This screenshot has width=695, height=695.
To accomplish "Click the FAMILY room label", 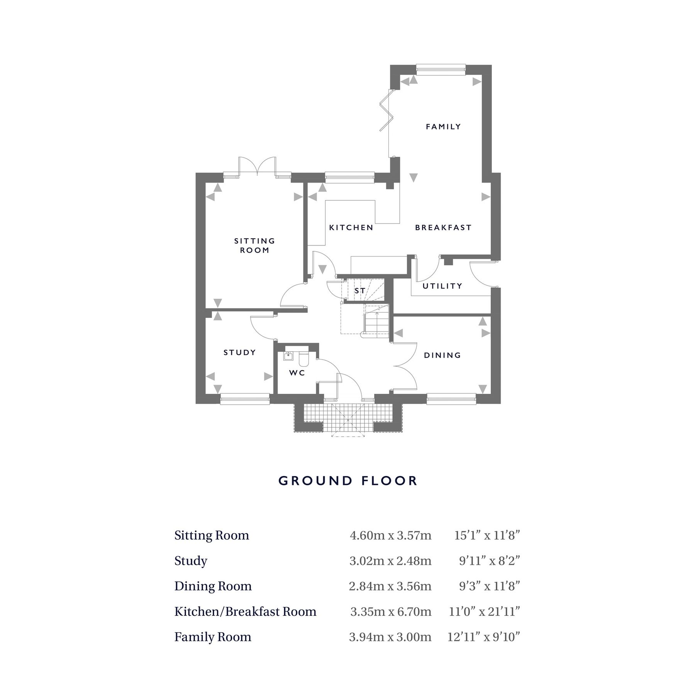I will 443,127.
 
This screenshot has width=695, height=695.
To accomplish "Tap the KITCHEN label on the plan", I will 351,228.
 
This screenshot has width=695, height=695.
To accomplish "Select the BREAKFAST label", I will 443,228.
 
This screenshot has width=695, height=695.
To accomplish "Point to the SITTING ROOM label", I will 254,246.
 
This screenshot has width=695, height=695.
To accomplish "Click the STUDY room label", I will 240,353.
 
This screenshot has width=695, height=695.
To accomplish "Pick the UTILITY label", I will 442,286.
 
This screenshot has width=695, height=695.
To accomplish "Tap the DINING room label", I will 442,355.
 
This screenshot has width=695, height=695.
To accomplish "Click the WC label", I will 297,373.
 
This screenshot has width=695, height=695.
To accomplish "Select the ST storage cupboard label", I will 359,291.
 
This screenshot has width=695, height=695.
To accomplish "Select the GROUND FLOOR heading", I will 347,481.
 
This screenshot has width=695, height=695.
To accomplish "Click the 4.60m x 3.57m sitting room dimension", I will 390,536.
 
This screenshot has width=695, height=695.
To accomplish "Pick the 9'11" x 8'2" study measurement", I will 489,561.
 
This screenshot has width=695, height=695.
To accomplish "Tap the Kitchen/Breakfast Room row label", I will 245,612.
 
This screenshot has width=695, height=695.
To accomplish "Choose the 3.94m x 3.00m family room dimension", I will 390,637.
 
